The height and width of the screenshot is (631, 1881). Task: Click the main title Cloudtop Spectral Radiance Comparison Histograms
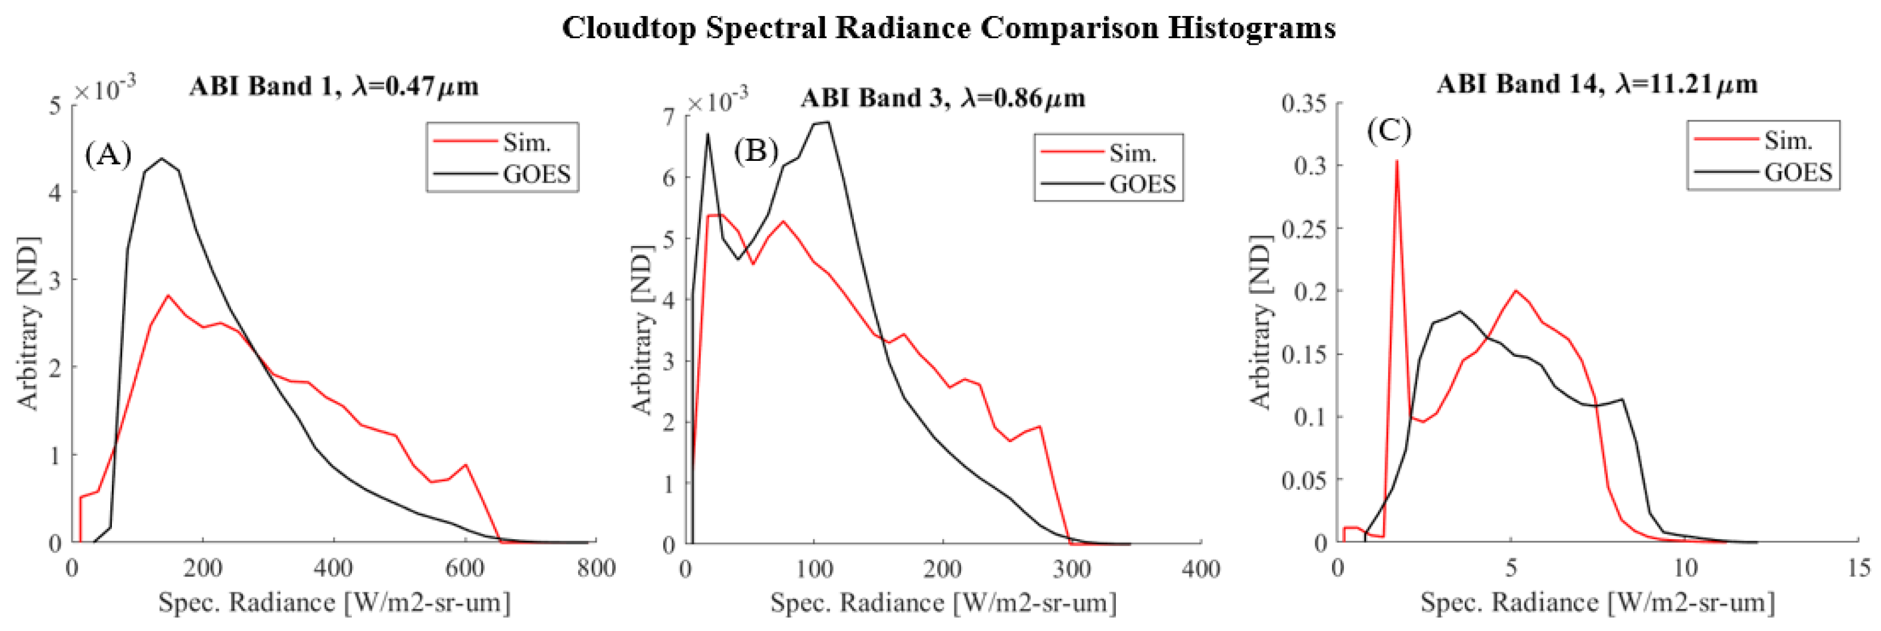[x=948, y=29]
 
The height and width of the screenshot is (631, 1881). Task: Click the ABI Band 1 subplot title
[x=333, y=87]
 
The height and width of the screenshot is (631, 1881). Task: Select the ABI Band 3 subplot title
[x=942, y=98]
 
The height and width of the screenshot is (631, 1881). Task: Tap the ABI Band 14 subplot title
[x=1596, y=85]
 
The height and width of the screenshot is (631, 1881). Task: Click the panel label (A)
[x=108, y=155]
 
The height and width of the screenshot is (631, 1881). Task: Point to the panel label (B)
[x=756, y=151]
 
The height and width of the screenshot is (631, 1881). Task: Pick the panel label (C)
[x=1389, y=130]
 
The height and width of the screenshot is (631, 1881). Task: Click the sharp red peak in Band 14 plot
[x=1396, y=162]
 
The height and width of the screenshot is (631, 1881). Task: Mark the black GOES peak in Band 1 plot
[x=161, y=158]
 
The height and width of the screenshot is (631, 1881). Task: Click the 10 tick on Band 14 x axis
[x=1685, y=567]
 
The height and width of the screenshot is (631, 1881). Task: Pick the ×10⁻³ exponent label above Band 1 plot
[x=104, y=90]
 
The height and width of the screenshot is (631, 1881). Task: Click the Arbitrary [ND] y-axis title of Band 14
[x=1261, y=321]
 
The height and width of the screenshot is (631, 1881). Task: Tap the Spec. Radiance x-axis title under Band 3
[x=943, y=603]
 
